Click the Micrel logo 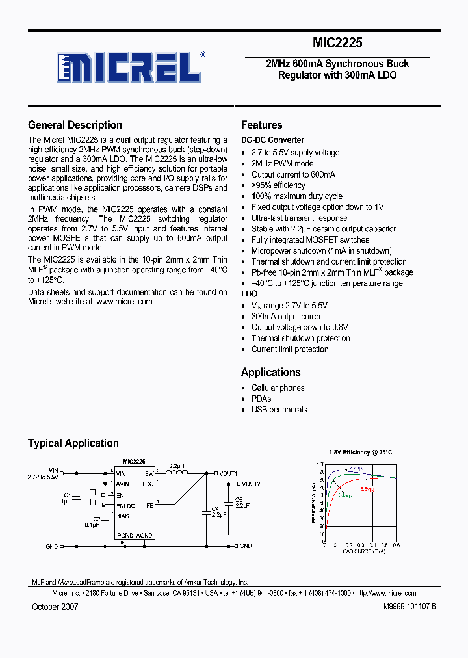tap(127, 66)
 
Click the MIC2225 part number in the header tap(337, 44)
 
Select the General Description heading tap(75, 125)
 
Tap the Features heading tap(261, 125)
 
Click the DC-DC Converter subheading tap(272, 140)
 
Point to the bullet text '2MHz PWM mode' tap(282, 163)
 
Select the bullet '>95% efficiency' tap(278, 185)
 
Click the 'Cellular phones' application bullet tap(278, 388)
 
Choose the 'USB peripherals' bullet tap(279, 410)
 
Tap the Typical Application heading tap(73, 443)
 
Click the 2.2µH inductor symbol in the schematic tap(177, 473)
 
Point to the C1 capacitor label tap(67, 495)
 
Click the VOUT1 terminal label tap(228, 473)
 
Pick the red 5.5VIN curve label tap(367, 489)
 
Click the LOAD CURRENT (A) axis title tap(361, 551)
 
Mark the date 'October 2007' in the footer tap(55, 606)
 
